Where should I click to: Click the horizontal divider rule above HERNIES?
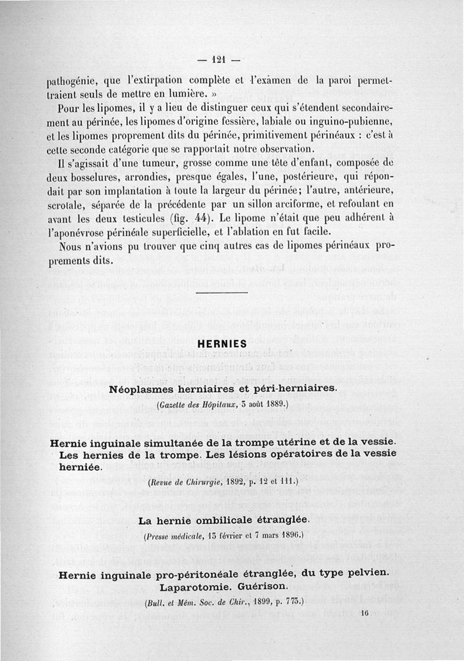223,293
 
